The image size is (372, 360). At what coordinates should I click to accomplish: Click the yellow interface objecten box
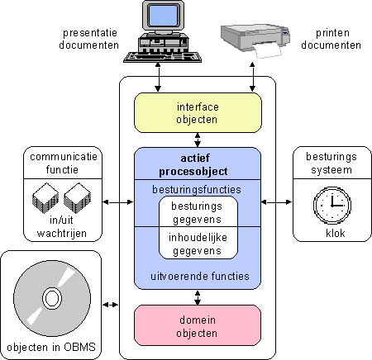(x=198, y=113)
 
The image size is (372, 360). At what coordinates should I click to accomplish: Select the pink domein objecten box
(x=198, y=325)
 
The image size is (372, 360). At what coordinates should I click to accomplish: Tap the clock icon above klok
(x=332, y=205)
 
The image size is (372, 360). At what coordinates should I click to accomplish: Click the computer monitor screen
(x=163, y=15)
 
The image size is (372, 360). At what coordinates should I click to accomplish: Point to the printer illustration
(x=255, y=40)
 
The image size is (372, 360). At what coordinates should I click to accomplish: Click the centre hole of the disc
(x=52, y=298)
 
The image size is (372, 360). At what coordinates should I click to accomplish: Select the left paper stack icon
(x=45, y=197)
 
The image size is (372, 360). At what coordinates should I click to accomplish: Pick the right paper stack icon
(x=77, y=197)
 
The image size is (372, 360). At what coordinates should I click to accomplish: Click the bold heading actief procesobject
(x=193, y=165)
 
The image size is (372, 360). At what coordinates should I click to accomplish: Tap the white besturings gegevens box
(x=198, y=211)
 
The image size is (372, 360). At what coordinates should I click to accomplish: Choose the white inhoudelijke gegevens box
(x=198, y=243)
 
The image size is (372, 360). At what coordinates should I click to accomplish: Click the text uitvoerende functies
(x=200, y=276)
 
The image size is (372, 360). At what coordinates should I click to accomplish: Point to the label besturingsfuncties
(x=197, y=189)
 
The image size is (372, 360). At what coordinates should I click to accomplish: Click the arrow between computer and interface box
(x=158, y=77)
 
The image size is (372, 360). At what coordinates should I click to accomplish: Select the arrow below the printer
(x=252, y=77)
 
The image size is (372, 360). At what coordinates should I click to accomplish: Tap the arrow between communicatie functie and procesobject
(x=118, y=202)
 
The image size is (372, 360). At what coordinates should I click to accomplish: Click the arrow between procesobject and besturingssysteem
(x=276, y=202)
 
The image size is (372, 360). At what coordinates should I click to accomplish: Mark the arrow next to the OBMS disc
(x=111, y=305)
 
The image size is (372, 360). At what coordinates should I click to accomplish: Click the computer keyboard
(x=162, y=56)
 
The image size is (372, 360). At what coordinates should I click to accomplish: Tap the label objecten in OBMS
(x=51, y=347)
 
